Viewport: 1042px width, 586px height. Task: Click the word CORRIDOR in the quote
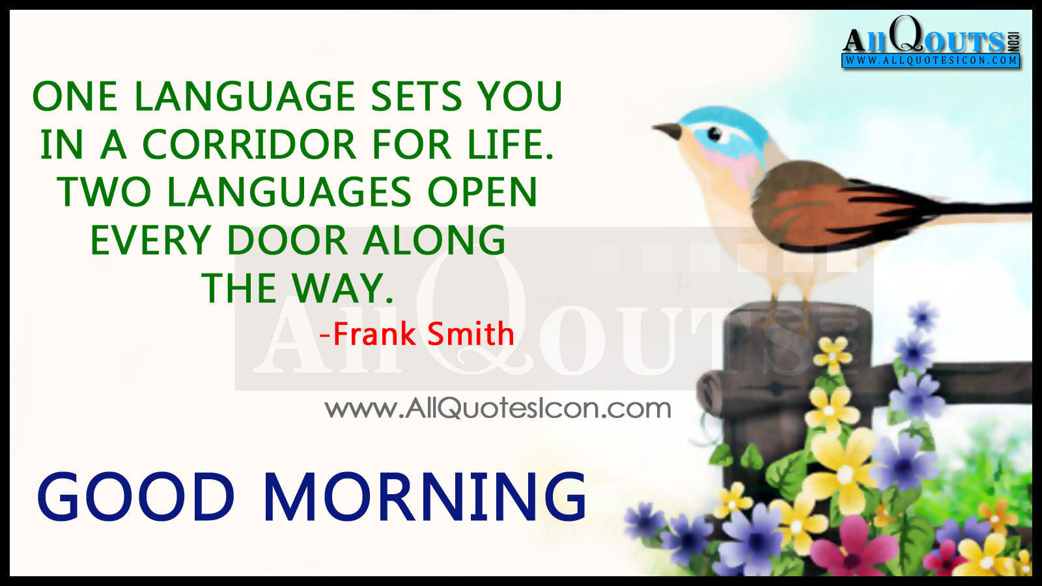point(249,144)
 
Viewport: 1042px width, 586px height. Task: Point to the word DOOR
point(287,240)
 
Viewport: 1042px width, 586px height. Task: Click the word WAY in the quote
point(343,288)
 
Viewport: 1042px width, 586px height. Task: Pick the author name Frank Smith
point(417,333)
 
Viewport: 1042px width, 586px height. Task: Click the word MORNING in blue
point(425,496)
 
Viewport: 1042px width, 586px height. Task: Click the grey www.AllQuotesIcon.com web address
point(498,408)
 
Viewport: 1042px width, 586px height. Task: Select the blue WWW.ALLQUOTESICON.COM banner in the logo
point(931,61)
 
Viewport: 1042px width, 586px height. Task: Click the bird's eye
point(714,134)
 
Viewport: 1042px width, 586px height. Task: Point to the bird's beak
point(667,130)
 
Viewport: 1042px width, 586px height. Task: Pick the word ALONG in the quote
point(434,240)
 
